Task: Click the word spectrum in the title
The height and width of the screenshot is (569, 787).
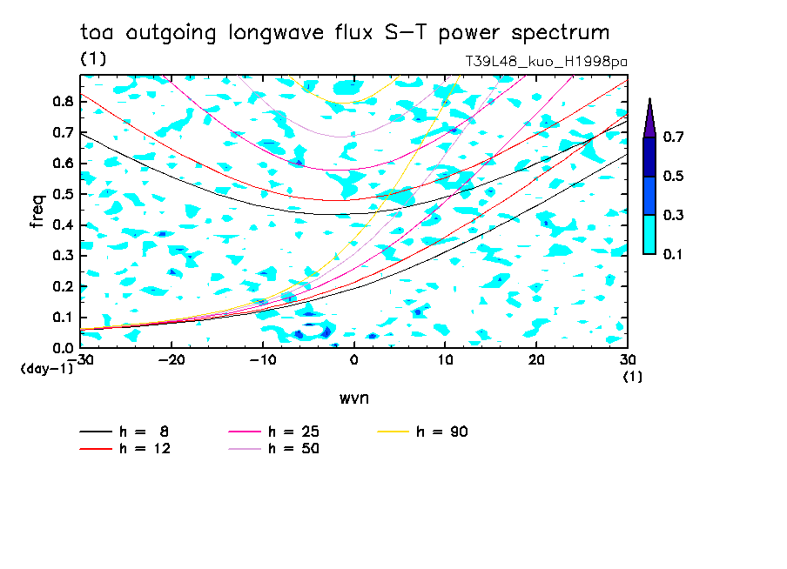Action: point(560,33)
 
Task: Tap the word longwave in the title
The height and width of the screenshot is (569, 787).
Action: point(276,33)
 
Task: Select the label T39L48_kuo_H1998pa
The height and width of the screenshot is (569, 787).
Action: point(546,62)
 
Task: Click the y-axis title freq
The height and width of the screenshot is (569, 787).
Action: point(37,211)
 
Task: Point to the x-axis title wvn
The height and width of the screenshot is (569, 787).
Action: point(354,398)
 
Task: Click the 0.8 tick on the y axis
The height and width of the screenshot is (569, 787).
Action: point(64,101)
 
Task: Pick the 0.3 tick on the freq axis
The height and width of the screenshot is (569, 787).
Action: point(64,256)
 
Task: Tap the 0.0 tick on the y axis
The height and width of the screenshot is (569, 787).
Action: point(64,348)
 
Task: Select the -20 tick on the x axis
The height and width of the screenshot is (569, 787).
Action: point(172,360)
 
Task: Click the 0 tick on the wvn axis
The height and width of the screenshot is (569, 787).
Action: point(353,360)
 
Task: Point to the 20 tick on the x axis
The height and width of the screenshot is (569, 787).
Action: point(536,360)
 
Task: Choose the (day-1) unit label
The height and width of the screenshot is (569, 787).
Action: point(47,369)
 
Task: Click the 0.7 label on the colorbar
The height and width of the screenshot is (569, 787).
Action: point(673,137)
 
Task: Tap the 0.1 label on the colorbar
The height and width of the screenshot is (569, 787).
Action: point(673,254)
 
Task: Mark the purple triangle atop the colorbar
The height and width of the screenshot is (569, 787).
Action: point(649,117)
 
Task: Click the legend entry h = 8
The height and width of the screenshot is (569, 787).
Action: point(124,432)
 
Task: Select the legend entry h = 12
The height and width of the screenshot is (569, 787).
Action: point(125,448)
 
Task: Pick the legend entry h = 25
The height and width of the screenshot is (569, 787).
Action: point(273,432)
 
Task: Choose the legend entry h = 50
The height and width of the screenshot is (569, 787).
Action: point(273,448)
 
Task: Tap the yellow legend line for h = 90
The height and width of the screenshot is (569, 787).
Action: point(393,432)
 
